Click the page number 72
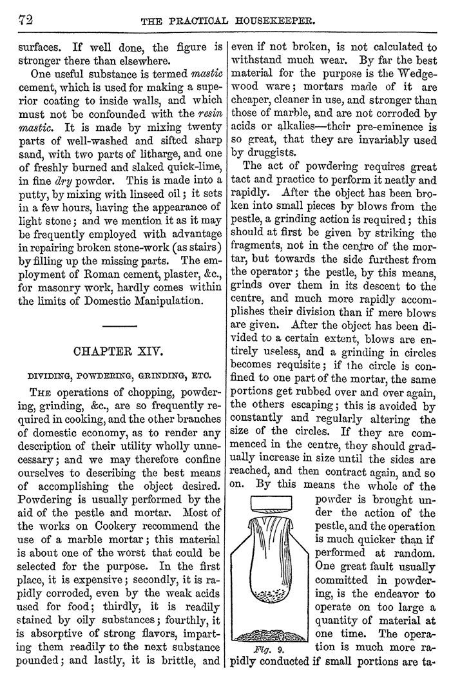[23, 21]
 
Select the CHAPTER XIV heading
[119, 353]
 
